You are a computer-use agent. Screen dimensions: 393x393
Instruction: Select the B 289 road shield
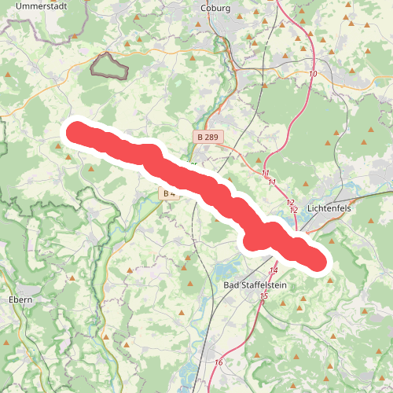(209, 137)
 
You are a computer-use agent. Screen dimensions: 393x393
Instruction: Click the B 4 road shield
(167, 193)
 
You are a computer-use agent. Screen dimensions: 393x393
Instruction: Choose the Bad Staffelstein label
(253, 285)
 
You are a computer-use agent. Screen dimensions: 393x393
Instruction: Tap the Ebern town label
(20, 300)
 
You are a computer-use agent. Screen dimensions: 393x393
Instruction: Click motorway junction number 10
(314, 74)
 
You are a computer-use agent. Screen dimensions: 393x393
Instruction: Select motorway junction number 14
(274, 270)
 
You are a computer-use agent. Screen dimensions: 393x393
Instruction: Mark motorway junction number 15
(263, 296)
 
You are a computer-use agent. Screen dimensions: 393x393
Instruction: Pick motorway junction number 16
(219, 362)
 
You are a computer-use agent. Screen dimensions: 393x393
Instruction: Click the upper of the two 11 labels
(265, 173)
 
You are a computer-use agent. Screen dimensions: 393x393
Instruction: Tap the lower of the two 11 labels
(272, 182)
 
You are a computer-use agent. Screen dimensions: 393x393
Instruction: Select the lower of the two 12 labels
(294, 210)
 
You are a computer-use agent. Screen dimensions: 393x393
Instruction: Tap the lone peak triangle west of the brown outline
(8, 75)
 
